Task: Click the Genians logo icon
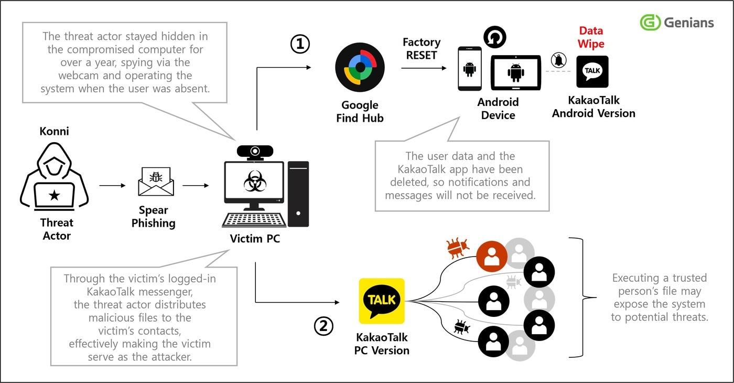pyautogui.click(x=650, y=23)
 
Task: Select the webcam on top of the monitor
pyautogui.click(x=255, y=152)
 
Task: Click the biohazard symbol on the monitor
pyautogui.click(x=255, y=182)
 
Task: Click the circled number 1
pyautogui.click(x=300, y=45)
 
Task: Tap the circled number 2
pyautogui.click(x=323, y=326)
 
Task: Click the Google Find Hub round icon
pyautogui.click(x=360, y=68)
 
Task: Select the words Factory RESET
pyautogui.click(x=421, y=48)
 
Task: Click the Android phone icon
pyautogui.click(x=470, y=68)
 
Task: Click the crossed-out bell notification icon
pyautogui.click(x=559, y=60)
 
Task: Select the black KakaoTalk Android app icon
pyautogui.click(x=592, y=71)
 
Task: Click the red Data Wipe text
pyautogui.click(x=591, y=37)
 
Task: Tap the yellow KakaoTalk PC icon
pyautogui.click(x=382, y=301)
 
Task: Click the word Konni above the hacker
pyautogui.click(x=54, y=131)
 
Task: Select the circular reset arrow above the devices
pyautogui.click(x=494, y=37)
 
